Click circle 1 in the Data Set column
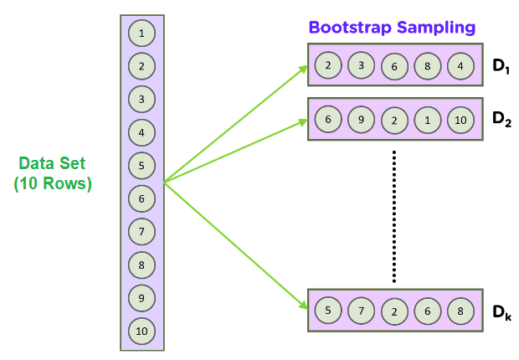141,33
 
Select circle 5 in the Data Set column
141,166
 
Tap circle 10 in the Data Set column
141,332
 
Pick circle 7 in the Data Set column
141,232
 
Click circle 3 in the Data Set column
141,100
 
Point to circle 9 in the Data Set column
141,298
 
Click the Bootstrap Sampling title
392,27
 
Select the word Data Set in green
52,165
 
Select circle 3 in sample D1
361,64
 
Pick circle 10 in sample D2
460,119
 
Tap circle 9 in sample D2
361,119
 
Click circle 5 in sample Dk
327,310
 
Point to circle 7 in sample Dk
361,310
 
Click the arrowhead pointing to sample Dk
302,306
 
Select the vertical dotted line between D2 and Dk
393,218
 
